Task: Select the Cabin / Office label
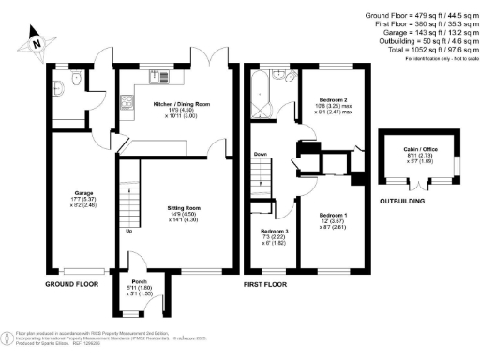click(x=419, y=149)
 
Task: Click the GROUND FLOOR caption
click(x=72, y=282)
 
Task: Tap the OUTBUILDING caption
click(x=401, y=201)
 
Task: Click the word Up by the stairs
click(x=127, y=231)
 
